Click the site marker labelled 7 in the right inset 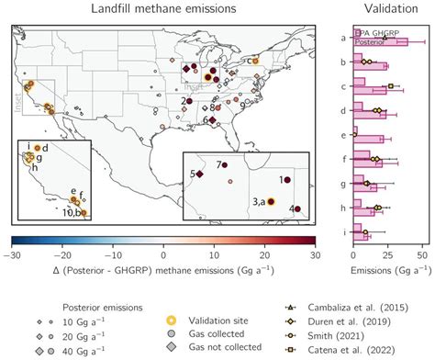point(222,167)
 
